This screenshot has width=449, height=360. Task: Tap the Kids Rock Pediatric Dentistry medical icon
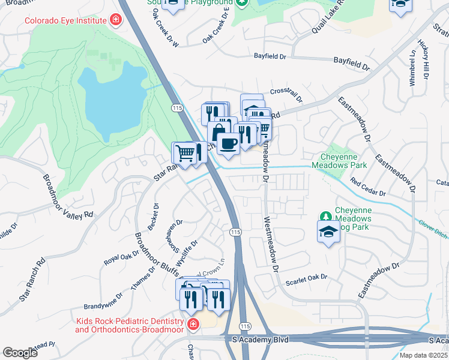193,325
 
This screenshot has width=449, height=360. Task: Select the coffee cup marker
228,143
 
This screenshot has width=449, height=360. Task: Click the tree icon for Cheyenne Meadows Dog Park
325,215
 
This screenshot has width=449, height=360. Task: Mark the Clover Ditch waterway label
431,231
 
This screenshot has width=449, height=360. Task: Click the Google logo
20,353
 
